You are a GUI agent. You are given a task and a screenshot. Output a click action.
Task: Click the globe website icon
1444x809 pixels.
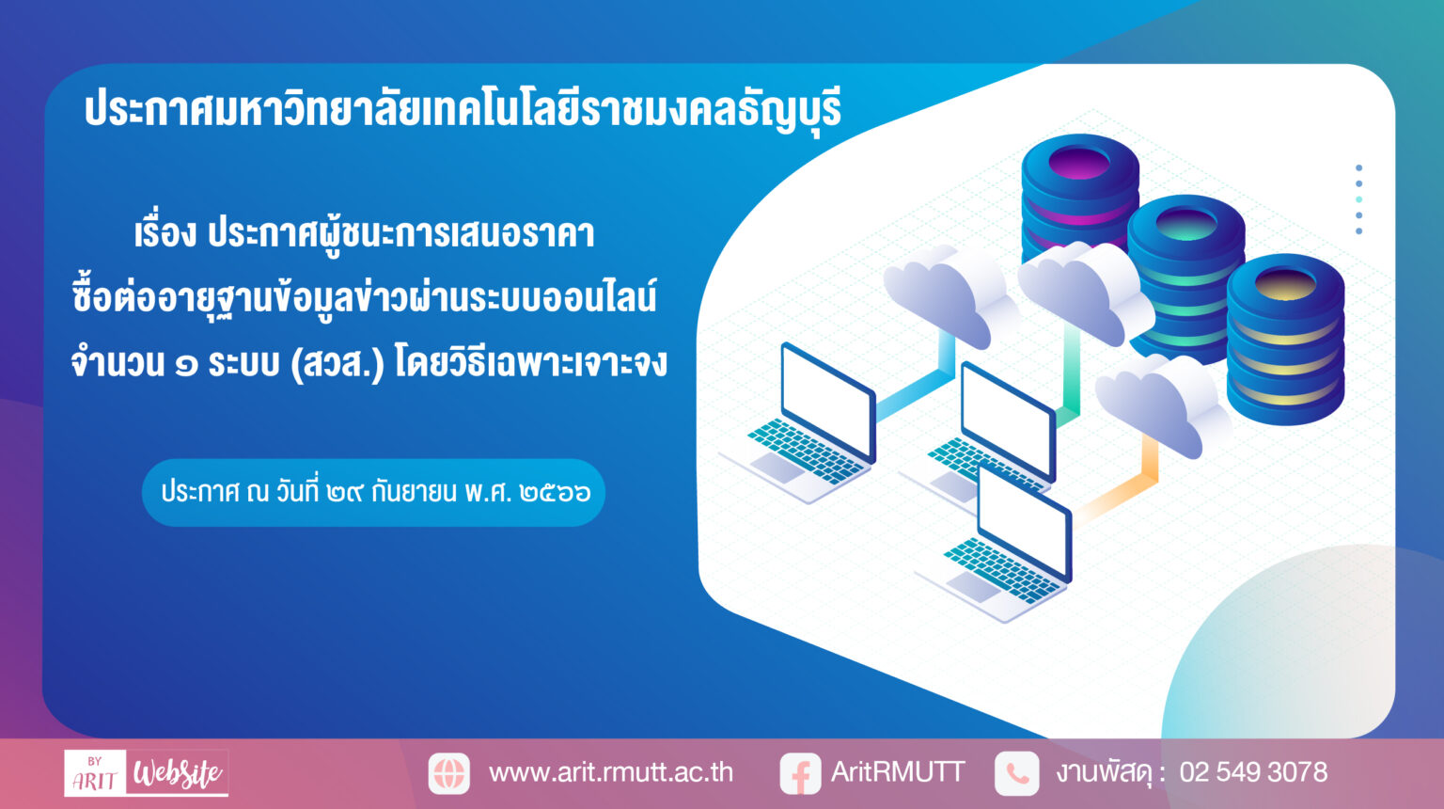coord(448,773)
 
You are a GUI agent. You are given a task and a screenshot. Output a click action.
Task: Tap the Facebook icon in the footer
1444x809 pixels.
coord(800,773)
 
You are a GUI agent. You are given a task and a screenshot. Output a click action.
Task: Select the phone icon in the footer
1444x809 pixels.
coord(1016,773)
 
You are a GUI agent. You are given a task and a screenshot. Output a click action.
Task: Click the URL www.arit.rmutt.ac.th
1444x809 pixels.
coord(610,772)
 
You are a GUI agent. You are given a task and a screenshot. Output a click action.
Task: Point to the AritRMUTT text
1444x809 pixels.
coord(898,771)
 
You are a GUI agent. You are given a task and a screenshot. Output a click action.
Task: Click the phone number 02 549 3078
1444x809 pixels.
coord(1253,771)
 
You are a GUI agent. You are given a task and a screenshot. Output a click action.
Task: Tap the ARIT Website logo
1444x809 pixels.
coord(147,772)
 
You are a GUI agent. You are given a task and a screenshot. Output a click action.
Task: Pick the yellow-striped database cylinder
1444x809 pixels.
coord(1285,339)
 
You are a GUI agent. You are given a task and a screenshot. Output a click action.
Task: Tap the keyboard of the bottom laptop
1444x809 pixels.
coord(1000,570)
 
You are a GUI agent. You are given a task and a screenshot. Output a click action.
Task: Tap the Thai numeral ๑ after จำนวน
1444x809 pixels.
coord(186,365)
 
